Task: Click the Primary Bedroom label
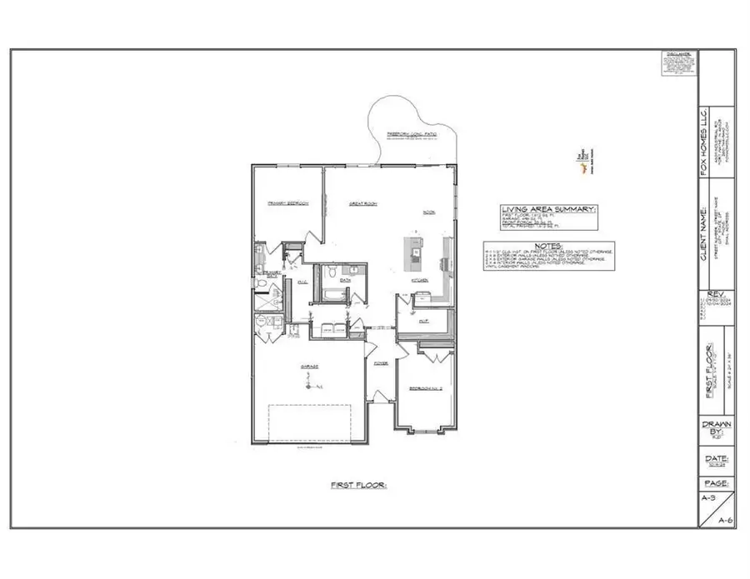point(288,203)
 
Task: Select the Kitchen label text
point(420,281)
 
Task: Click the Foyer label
point(381,364)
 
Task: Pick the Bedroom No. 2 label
point(425,389)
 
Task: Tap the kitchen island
point(414,252)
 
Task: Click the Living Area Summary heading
point(548,208)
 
